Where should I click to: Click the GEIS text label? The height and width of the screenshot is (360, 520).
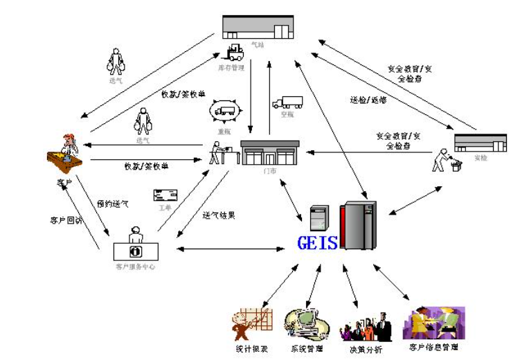(x=317, y=243)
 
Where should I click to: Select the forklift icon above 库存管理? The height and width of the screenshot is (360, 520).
(x=233, y=52)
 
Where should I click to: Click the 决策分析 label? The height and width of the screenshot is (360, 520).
(x=366, y=348)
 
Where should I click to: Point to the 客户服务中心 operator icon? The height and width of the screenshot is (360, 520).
(x=136, y=243)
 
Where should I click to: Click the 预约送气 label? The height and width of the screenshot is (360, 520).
(x=113, y=204)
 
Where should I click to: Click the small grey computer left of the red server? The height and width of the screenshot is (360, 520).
(x=319, y=219)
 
